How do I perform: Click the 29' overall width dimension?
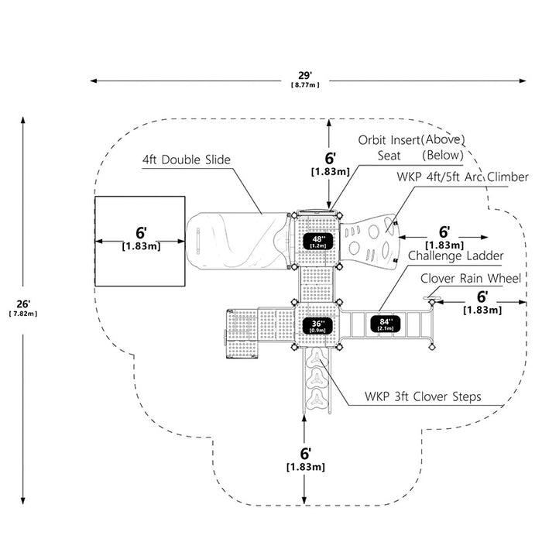[305, 75]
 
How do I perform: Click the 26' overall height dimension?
[23, 304]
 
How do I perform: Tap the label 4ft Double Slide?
[187, 160]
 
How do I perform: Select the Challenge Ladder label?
[455, 256]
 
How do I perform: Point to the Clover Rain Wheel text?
[471, 278]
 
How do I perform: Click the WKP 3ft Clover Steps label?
[423, 396]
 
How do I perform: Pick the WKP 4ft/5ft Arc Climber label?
[462, 177]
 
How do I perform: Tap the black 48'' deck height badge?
[318, 241]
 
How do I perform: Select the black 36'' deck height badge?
[317, 326]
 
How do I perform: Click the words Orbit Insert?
[389, 140]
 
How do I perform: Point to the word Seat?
[389, 156]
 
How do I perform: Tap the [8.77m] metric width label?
[305, 84]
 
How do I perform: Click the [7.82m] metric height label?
[23, 314]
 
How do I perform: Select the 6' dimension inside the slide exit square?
[141, 233]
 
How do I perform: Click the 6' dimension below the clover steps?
[305, 454]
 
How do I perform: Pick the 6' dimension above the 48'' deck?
[330, 158]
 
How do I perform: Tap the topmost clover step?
[317, 358]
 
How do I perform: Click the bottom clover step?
[317, 400]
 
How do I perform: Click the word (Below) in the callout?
[443, 155]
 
